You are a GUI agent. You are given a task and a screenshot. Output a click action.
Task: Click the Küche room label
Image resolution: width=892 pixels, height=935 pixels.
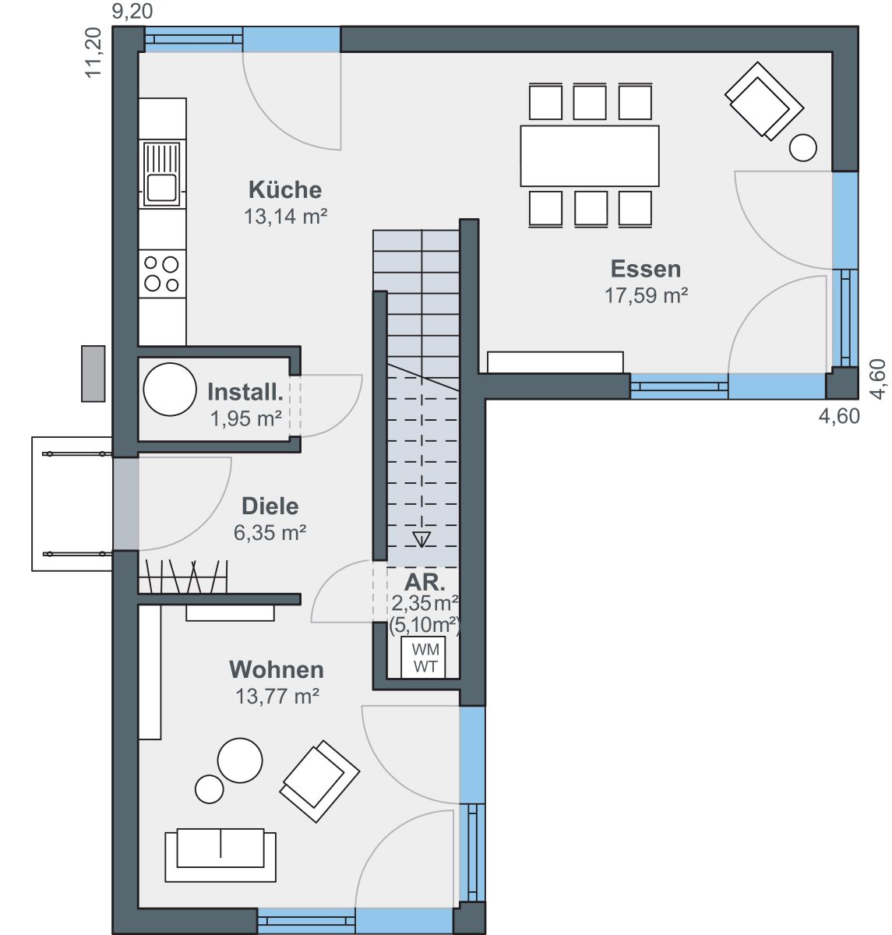pyautogui.click(x=285, y=190)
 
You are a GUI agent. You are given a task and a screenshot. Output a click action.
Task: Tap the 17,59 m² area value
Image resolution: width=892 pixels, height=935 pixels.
pyautogui.click(x=646, y=296)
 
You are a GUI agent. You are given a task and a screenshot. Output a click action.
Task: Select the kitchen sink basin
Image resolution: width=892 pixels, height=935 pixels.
pyautogui.click(x=162, y=187)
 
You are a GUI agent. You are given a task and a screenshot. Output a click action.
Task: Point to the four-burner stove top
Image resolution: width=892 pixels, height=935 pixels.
pyautogui.click(x=162, y=274)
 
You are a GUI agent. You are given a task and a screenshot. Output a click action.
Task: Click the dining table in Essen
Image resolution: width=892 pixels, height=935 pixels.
pyautogui.click(x=590, y=156)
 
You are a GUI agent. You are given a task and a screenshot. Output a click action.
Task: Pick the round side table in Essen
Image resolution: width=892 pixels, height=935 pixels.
pyautogui.click(x=802, y=147)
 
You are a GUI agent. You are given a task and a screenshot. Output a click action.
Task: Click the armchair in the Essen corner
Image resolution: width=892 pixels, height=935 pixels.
pyautogui.click(x=764, y=101)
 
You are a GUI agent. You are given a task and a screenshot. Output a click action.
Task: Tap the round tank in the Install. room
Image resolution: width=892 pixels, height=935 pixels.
pyautogui.click(x=170, y=390)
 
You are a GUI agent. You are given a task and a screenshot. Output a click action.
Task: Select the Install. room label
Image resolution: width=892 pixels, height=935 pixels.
pyautogui.click(x=245, y=393)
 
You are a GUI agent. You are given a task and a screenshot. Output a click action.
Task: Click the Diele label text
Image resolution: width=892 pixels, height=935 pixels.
pyautogui.click(x=270, y=506)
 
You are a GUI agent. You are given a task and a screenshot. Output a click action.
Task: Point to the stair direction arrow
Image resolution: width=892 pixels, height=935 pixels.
pyautogui.click(x=421, y=539)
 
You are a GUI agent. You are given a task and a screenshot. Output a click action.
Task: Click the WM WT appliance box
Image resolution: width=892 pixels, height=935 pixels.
pyautogui.click(x=423, y=658)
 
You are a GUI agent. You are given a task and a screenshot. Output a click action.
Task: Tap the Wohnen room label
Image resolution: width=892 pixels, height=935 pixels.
pyautogui.click(x=277, y=669)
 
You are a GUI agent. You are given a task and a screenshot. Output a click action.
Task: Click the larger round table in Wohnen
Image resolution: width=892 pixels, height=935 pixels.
pyautogui.click(x=240, y=760)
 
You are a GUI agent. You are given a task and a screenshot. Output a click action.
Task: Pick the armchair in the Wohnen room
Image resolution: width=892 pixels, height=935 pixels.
pyautogui.click(x=319, y=782)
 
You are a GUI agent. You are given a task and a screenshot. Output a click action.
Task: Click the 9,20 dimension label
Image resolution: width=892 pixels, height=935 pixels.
pyautogui.click(x=132, y=11)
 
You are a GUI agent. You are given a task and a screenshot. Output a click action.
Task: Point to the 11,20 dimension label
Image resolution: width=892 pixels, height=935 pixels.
pyautogui.click(x=93, y=52)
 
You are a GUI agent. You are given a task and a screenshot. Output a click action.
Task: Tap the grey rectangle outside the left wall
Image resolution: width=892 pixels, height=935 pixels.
pyautogui.click(x=93, y=374)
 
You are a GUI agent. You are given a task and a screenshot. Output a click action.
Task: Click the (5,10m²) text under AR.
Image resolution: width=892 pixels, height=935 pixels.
pyautogui.click(x=425, y=625)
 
